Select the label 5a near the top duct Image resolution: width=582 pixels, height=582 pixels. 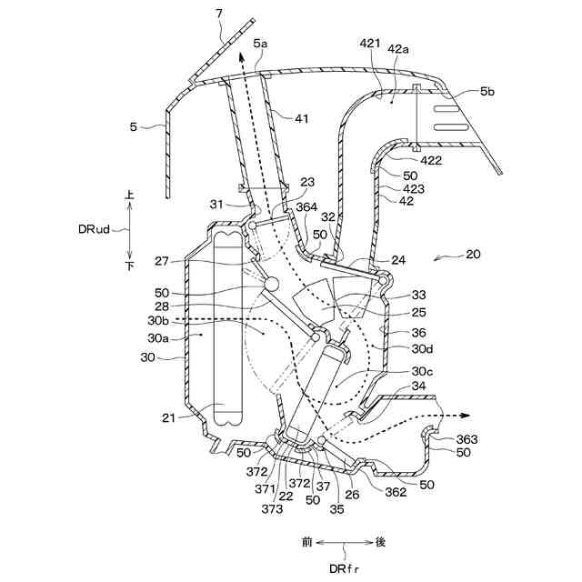coord(261,43)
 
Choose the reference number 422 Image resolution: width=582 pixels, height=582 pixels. coord(431,160)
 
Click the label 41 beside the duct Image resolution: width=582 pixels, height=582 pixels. coord(301,116)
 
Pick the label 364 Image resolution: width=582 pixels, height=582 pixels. coord(306,207)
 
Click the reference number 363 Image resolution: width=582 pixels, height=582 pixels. coord(467,439)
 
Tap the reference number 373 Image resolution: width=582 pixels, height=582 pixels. coord(272,508)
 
